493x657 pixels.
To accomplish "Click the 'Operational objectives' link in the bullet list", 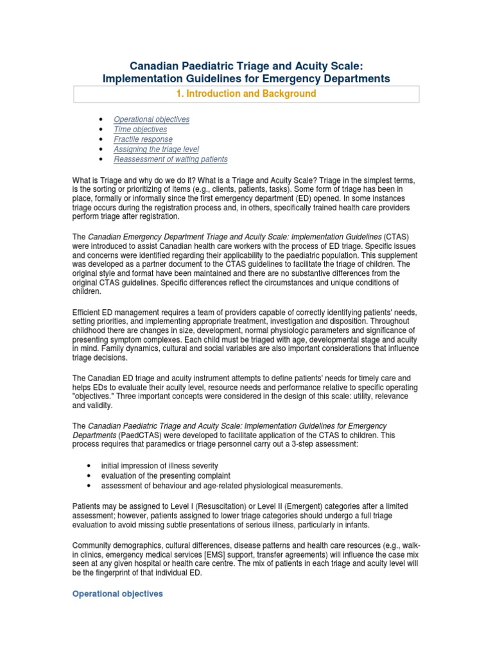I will [x=151, y=119].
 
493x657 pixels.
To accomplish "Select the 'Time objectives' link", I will [x=140, y=130].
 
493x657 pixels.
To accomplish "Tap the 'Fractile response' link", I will [x=143, y=139].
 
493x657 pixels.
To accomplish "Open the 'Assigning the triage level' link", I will [x=156, y=149].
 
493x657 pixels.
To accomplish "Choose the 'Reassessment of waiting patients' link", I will [x=170, y=159].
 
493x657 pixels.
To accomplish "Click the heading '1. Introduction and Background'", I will [x=246, y=94].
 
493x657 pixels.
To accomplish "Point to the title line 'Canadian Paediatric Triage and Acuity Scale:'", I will [x=246, y=65].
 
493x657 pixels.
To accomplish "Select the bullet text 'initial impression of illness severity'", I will [x=159, y=465].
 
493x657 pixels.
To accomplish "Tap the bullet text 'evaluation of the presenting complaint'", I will [x=164, y=475].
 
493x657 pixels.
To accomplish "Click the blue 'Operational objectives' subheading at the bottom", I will [x=117, y=594].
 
